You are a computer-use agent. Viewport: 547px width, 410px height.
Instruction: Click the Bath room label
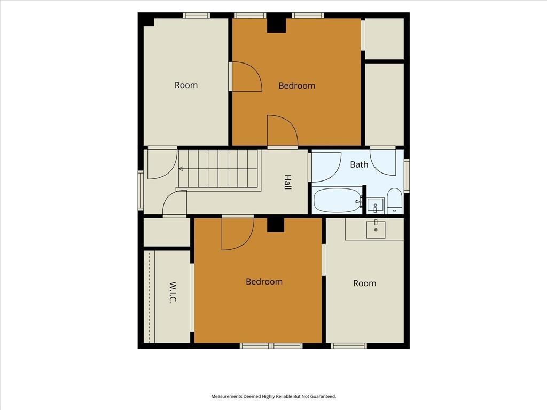[x=359, y=164]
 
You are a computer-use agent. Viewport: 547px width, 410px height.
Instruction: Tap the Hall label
[x=287, y=182]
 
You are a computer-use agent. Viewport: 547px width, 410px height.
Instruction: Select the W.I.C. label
[x=173, y=292]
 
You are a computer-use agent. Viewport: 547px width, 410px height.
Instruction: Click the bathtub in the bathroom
[x=338, y=200]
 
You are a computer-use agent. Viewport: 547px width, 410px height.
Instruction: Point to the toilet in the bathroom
[x=395, y=201]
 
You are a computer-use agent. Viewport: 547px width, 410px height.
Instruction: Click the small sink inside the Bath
[x=375, y=206]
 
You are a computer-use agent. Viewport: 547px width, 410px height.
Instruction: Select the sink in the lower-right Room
[x=376, y=229]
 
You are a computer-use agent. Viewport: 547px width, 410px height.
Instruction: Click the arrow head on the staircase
[x=181, y=169]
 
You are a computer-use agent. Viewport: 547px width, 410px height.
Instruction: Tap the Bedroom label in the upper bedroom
[x=297, y=85]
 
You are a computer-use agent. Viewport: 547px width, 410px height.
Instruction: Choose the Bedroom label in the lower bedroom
[x=264, y=282]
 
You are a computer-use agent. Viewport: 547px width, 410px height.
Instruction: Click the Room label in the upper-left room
[x=186, y=85]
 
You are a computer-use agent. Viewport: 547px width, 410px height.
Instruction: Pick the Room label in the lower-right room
[x=364, y=283]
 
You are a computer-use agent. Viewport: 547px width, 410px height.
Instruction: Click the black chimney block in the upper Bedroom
[x=277, y=25]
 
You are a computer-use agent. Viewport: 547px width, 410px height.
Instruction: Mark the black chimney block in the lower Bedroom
[x=276, y=225]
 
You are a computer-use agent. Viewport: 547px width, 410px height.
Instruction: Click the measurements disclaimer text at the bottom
[x=273, y=396]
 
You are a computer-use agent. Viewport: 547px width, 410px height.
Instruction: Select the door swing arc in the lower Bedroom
[x=246, y=241]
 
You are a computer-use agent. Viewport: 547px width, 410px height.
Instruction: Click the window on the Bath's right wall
[x=407, y=175]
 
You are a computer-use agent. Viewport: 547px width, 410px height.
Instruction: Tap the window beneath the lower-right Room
[x=348, y=346]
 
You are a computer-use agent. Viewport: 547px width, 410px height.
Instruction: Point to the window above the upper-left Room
[x=197, y=15]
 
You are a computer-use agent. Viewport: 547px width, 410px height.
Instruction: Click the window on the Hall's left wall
[x=140, y=191]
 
